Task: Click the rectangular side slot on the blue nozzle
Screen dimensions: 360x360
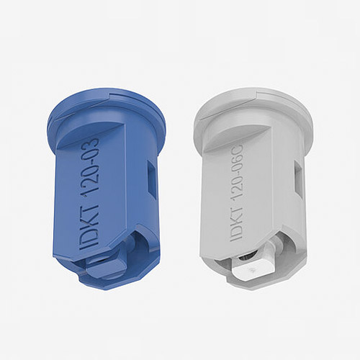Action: [151, 177]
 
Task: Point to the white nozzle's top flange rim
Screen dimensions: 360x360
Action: [253, 108]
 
